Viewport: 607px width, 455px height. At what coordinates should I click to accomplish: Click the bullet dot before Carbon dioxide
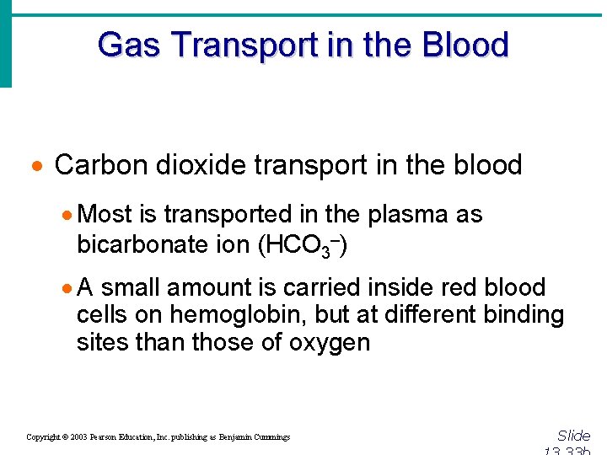[x=40, y=166]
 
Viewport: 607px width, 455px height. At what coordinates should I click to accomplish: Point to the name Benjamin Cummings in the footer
[x=254, y=437]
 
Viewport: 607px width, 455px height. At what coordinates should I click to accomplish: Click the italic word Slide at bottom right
[x=573, y=436]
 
